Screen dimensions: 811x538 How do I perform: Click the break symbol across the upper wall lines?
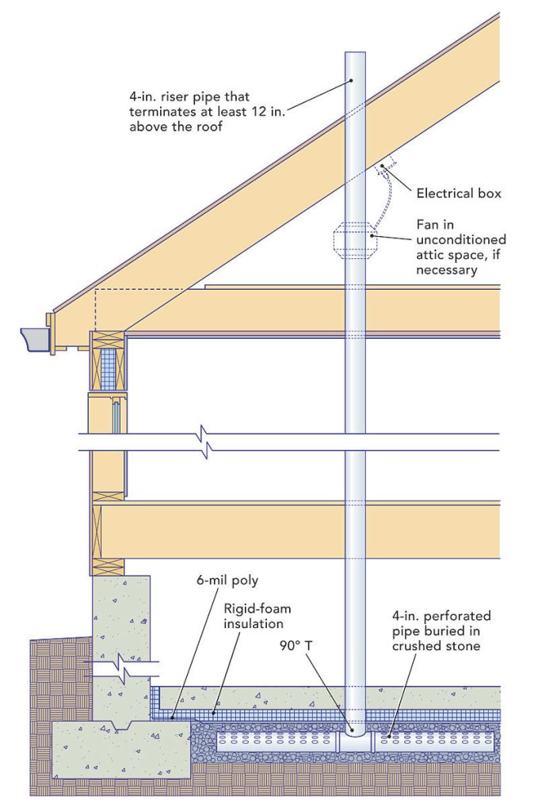[207, 444]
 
